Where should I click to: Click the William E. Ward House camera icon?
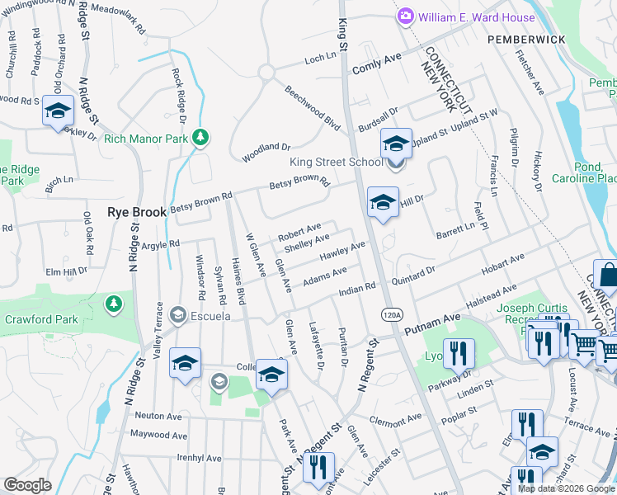point(405,16)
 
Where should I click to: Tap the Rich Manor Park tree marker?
point(199,138)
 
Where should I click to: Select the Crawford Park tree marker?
point(113,304)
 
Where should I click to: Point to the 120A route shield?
point(392,314)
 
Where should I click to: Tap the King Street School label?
point(337,162)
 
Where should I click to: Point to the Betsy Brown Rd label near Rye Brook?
point(201,200)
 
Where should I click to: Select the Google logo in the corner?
point(27,484)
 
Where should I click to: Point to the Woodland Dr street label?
point(266,152)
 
